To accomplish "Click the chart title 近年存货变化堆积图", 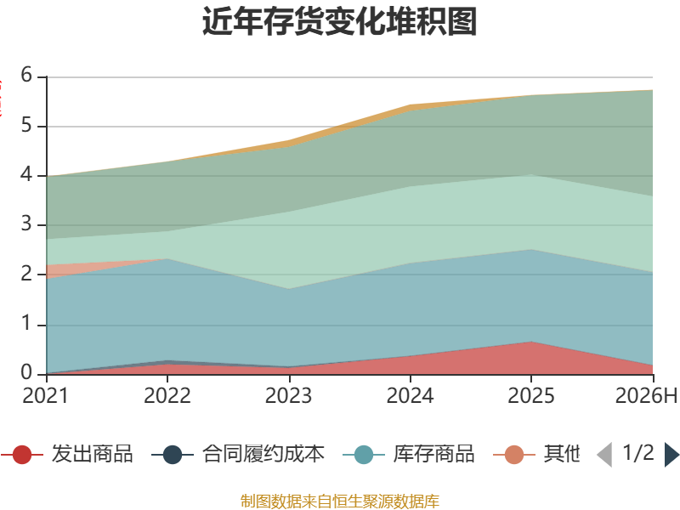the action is coord(339,21).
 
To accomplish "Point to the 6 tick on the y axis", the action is coord(27,75).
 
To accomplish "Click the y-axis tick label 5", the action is coord(27,125).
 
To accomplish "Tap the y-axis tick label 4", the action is coord(27,175).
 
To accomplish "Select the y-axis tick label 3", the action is coord(27,224).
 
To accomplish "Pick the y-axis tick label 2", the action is coord(27,274).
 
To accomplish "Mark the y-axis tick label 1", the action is coord(27,324).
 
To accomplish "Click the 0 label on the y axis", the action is coord(27,373).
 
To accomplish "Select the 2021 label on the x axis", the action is coord(46,396).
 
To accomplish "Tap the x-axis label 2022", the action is coord(167,396).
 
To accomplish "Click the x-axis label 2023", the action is coord(289,396).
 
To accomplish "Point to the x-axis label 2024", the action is coord(411,396).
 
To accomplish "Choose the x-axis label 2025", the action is coord(531,396).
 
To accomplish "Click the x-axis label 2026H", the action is coord(646,396).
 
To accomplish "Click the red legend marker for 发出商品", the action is coord(22,455).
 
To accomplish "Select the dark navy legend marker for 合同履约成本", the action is coord(173,455).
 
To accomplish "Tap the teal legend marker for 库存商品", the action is coord(364,455).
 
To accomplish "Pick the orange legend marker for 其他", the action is coord(514,455).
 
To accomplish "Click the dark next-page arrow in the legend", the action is coord(671,455).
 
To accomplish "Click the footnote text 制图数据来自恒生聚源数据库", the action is coord(340,501).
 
